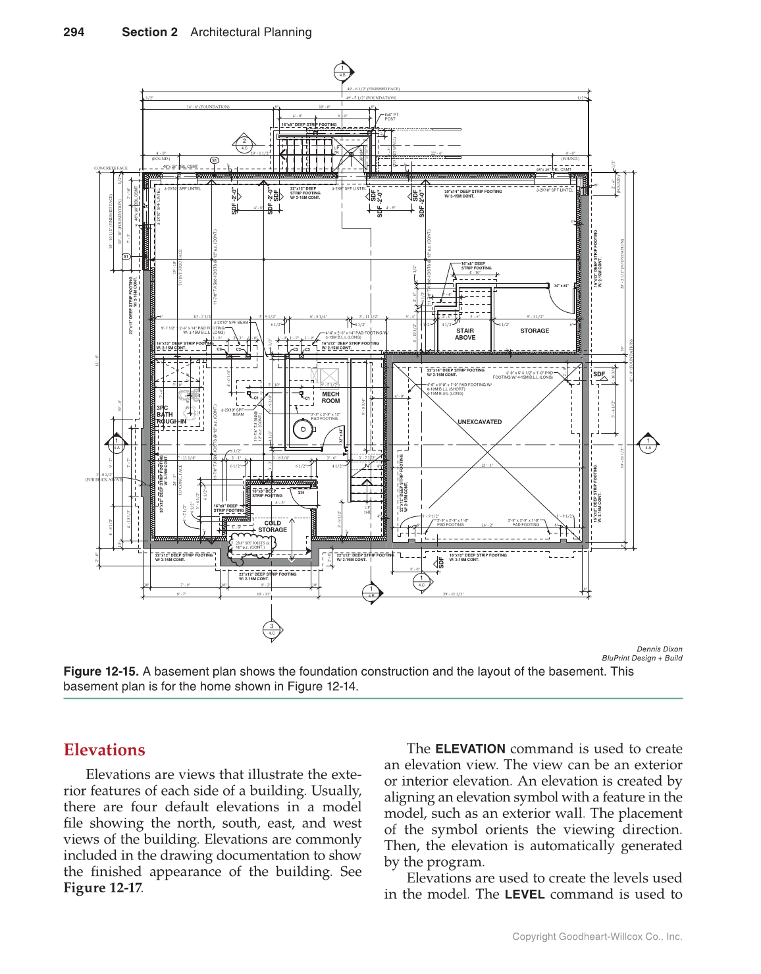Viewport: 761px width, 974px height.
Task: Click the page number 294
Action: pyautogui.click(x=74, y=32)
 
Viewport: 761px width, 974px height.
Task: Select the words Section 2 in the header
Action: pyautogui.click(x=149, y=32)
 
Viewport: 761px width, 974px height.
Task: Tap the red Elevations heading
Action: pyautogui.click(x=104, y=750)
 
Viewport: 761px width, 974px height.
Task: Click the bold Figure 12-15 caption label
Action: pyautogui.click(x=101, y=672)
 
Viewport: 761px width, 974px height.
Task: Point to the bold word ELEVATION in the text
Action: pyautogui.click(x=470, y=749)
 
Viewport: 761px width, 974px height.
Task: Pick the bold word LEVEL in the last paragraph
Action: pyautogui.click(x=524, y=894)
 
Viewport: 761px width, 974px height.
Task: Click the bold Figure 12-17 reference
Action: pyautogui.click(x=102, y=888)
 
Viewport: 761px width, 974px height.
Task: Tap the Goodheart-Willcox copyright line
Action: pyautogui.click(x=597, y=936)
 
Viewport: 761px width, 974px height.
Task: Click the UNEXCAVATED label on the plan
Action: pyautogui.click(x=479, y=422)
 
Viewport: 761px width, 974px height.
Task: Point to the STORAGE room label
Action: pyautogui.click(x=534, y=331)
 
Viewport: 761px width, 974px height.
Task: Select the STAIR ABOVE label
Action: pyautogui.click(x=465, y=335)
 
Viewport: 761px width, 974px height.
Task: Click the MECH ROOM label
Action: pyautogui.click(x=330, y=398)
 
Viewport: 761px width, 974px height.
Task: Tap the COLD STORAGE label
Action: pyautogui.click(x=273, y=526)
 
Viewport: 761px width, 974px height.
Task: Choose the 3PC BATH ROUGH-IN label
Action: pyautogui.click(x=171, y=415)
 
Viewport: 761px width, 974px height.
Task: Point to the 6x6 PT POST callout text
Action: pyautogui.click(x=391, y=117)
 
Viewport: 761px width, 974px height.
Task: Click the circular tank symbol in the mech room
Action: pyautogui.click(x=303, y=429)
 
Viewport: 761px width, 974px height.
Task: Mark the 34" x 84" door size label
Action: pyautogui.click(x=561, y=286)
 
